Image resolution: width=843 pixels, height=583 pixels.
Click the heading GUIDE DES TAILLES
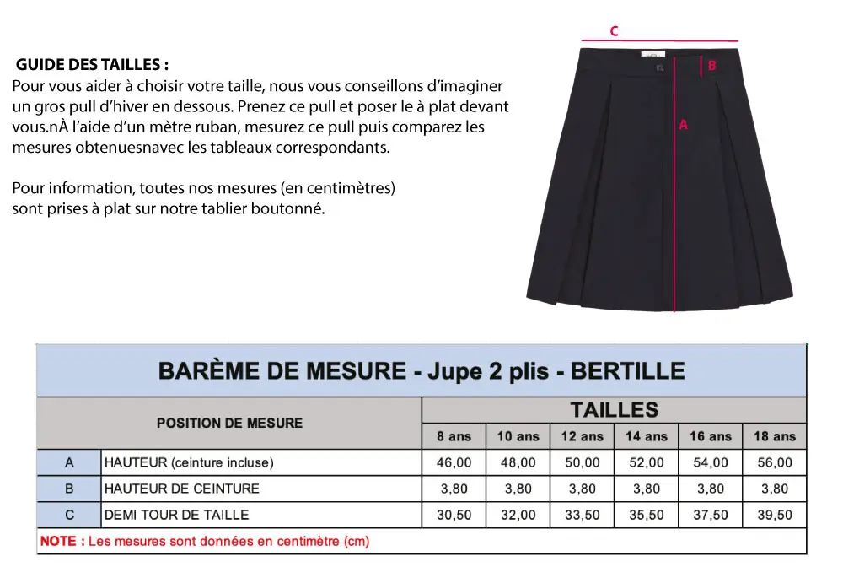(92, 65)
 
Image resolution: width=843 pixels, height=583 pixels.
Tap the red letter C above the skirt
(615, 31)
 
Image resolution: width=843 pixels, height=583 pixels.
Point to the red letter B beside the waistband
(712, 66)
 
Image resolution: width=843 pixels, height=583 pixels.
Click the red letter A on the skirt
(684, 124)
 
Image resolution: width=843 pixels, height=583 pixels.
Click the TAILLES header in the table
(614, 410)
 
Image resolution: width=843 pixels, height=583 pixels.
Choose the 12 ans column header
(582, 436)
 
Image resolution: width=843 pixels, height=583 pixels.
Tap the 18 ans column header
(774, 436)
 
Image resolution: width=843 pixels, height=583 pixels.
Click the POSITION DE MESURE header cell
(229, 423)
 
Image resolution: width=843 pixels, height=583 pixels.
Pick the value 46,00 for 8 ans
(454, 462)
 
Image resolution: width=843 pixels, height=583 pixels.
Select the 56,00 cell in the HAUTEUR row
(774, 462)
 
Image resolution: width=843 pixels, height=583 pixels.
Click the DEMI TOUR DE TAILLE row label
(176, 515)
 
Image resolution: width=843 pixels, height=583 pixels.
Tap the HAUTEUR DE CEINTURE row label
(181, 489)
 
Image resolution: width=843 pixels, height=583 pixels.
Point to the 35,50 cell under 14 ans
(646, 515)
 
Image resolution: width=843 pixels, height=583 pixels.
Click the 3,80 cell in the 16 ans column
(710, 489)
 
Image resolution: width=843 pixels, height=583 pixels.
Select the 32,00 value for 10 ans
(518, 515)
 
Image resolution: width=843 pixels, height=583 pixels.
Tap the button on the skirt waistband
(660, 68)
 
